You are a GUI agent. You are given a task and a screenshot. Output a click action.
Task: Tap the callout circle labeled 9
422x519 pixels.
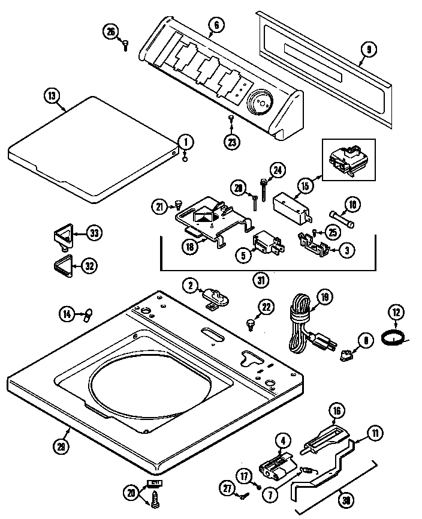368,49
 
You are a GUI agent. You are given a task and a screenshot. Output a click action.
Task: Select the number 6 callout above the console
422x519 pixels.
215,25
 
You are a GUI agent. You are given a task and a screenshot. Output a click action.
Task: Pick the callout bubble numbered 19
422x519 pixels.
323,297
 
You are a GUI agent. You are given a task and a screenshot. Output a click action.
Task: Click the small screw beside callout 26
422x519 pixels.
126,43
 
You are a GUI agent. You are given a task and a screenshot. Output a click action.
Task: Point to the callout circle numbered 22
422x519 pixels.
266,307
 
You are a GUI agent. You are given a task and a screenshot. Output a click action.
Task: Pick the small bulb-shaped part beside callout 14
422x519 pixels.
88,312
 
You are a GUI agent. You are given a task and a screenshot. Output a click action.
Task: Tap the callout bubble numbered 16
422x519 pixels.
337,411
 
